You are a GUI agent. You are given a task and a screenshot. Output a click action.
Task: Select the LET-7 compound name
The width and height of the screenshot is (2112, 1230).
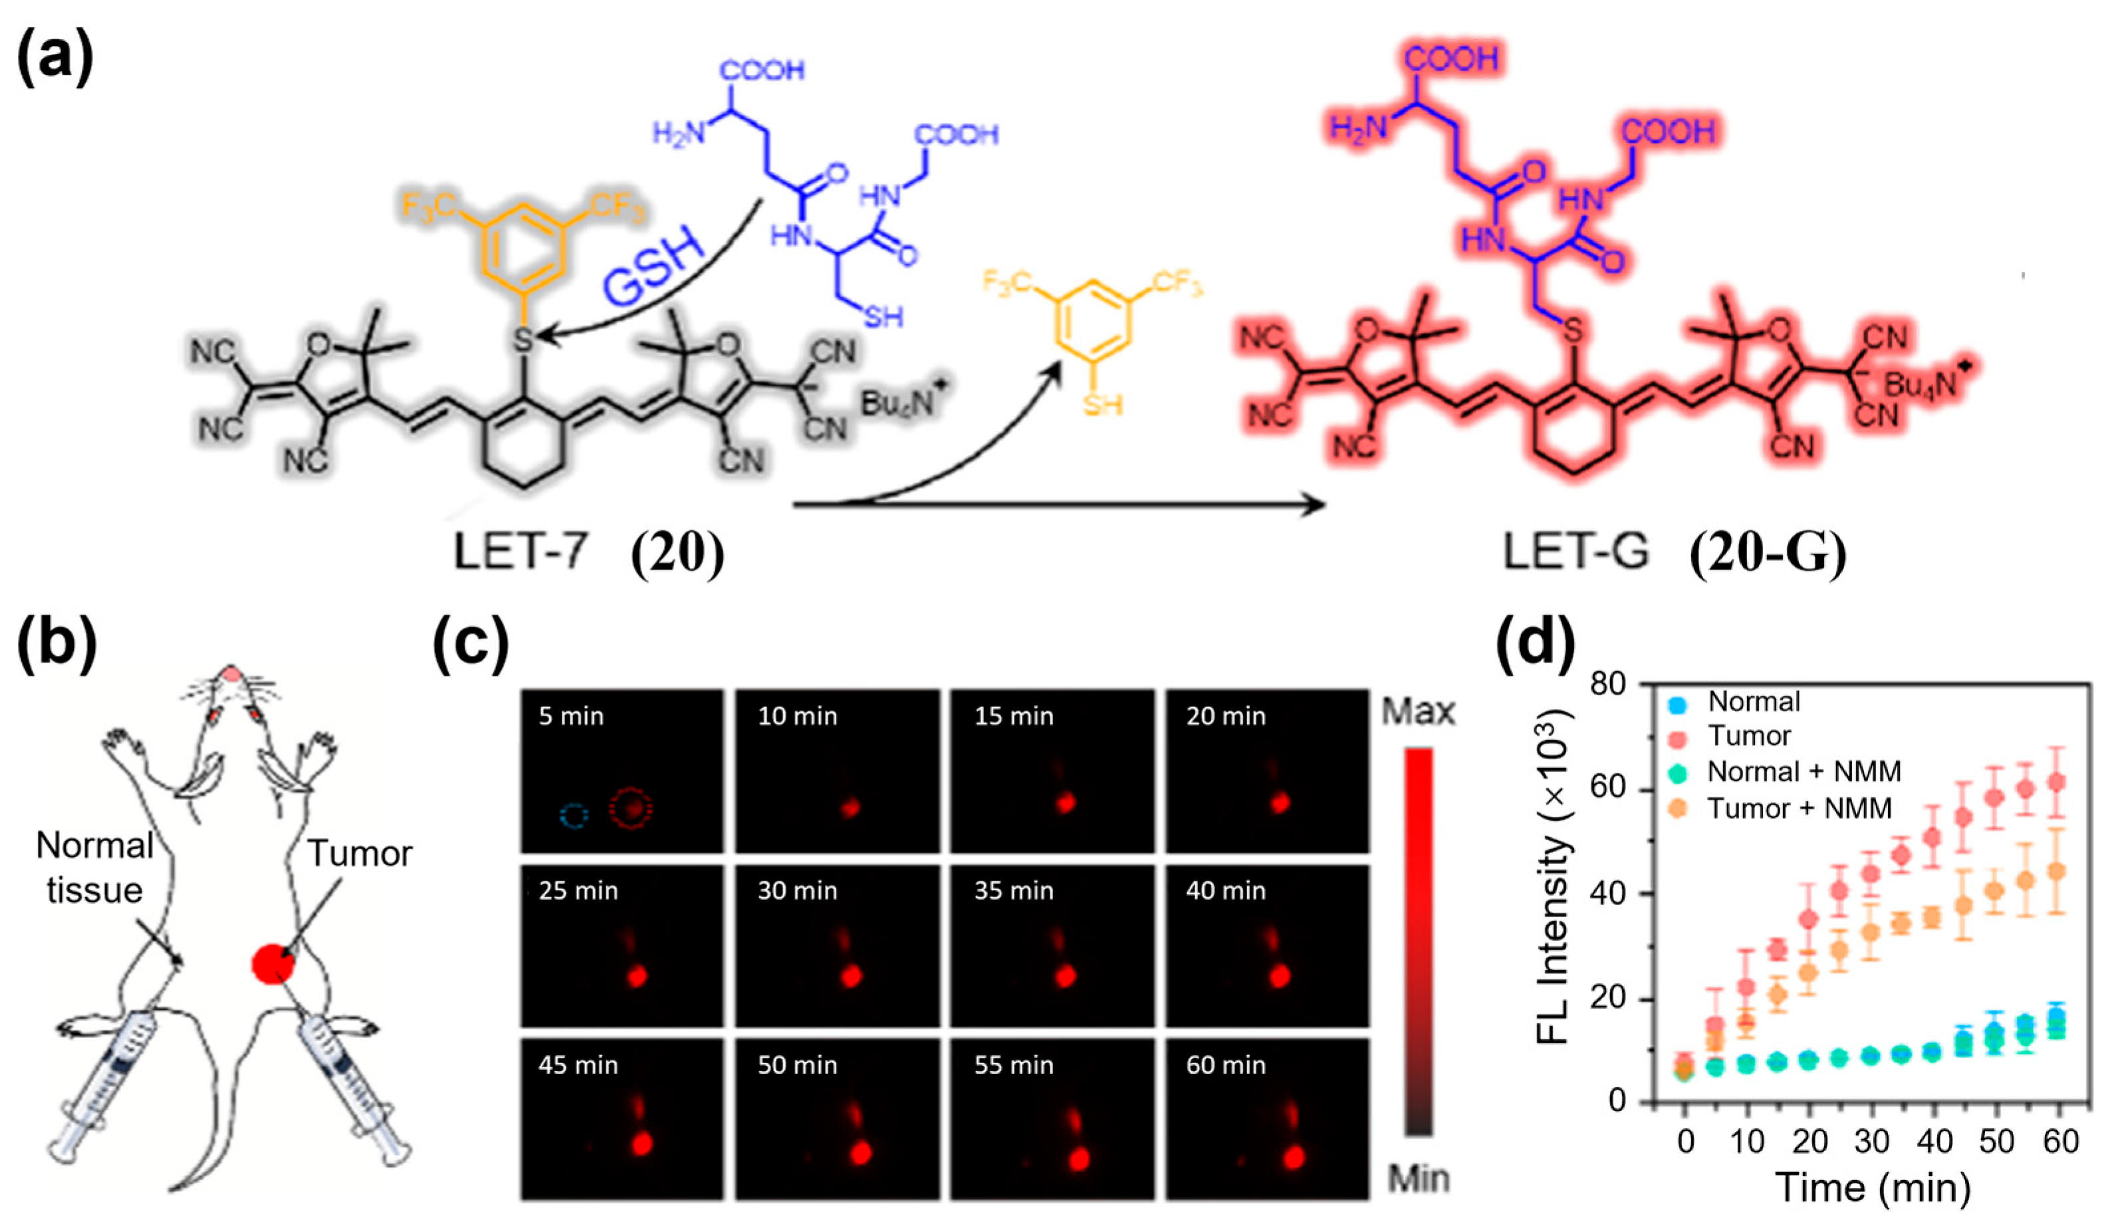[x=520, y=552]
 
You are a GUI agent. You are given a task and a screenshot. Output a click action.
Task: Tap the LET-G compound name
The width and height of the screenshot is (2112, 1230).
[x=1576, y=552]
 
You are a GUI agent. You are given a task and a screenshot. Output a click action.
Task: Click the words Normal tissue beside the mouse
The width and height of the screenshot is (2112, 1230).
[x=94, y=867]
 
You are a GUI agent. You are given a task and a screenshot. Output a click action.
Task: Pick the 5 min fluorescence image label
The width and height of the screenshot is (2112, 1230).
[x=571, y=716]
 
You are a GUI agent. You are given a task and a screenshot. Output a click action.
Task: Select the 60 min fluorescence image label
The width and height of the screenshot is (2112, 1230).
[x=1225, y=1065]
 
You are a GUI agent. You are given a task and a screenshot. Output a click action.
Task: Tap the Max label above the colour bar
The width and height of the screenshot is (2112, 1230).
[x=1418, y=712]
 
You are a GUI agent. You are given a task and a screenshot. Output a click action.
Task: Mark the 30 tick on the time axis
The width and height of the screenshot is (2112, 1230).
[x=1871, y=1141]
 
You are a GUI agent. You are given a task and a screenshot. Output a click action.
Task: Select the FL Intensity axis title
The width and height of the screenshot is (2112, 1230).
[x=1553, y=880]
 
